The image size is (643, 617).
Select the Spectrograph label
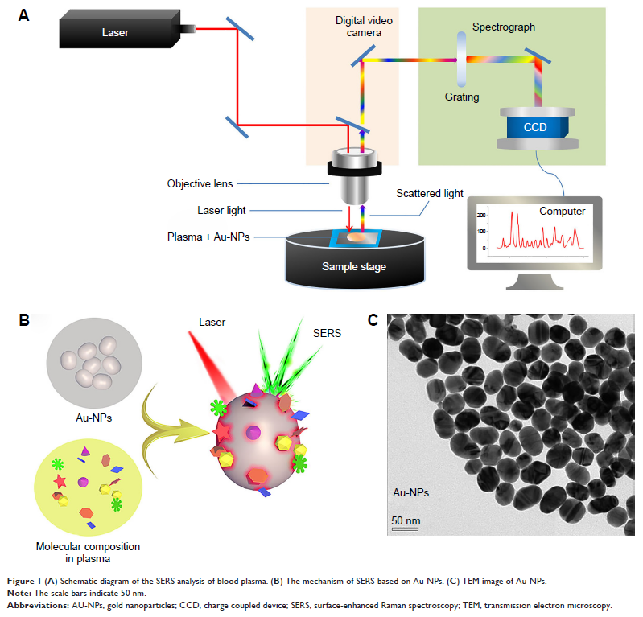pos(504,27)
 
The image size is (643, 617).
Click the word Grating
pos(461,97)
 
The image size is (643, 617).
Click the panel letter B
pos(24,320)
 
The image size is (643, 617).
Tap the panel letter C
pos(373,320)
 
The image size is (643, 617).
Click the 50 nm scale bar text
pos(406,520)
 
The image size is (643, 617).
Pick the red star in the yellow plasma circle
pos(60,481)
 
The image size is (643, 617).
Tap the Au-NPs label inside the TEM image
pos(410,492)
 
